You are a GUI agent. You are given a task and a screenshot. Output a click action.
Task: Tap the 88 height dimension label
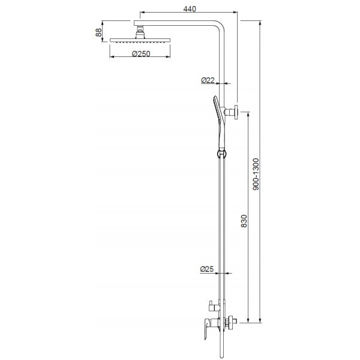(98, 32)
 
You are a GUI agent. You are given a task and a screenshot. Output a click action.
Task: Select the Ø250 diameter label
(140, 55)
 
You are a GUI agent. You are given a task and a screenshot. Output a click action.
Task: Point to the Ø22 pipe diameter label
(208, 79)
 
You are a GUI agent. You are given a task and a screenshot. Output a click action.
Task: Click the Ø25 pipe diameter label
(208, 271)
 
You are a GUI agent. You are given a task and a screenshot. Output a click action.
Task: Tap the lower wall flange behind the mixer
(230, 323)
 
